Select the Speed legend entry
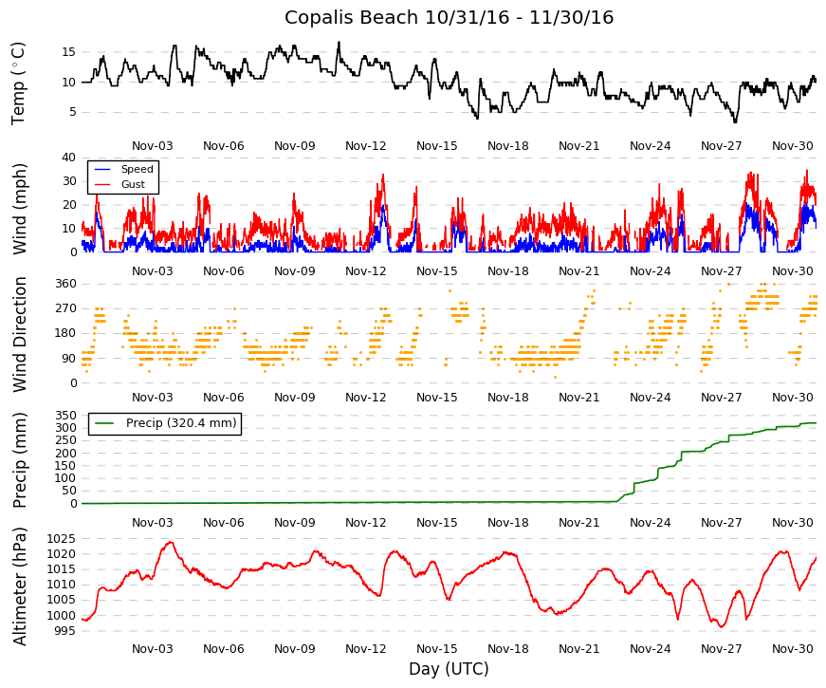coord(137,169)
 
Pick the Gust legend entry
coord(133,184)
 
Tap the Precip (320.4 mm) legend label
coord(181,423)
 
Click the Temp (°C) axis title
coord(18,84)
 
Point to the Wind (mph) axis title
coord(18,209)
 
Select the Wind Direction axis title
coord(20,335)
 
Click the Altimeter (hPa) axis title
coord(20,586)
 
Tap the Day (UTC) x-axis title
coord(449,669)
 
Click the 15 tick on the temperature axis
coord(68,52)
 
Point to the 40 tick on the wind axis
coord(68,158)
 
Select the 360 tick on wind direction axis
coord(65,284)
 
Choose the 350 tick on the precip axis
coord(65,416)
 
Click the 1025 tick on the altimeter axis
coord(61,539)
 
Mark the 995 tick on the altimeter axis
coord(64,631)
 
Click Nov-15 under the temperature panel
coord(436,146)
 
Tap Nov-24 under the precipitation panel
coord(650,523)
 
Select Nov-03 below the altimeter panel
coord(153,648)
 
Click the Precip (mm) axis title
coord(20,460)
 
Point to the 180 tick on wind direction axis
coord(65,333)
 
